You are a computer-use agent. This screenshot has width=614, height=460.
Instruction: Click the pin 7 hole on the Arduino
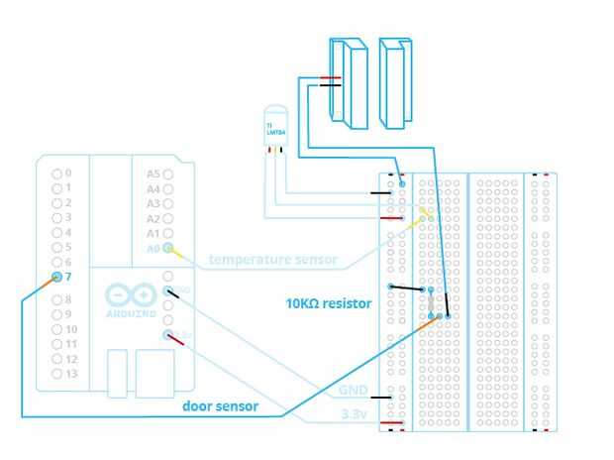(56, 277)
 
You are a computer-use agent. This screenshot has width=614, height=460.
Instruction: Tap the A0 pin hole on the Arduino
(168, 248)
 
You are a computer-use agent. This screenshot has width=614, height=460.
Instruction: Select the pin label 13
(71, 374)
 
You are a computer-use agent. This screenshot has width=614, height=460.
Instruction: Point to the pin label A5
(153, 173)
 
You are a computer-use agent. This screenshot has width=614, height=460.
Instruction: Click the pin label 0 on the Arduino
(68, 173)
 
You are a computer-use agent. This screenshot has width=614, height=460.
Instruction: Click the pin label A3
(153, 203)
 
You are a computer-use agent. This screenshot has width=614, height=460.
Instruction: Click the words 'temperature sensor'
(272, 261)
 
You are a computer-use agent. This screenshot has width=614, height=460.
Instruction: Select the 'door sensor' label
(221, 406)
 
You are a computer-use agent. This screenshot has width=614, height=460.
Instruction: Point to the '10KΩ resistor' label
(329, 303)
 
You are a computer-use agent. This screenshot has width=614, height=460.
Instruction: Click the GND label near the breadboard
(354, 390)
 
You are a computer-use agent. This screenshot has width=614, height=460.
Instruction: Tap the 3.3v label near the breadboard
(355, 413)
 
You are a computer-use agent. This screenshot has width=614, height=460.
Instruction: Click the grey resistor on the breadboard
(432, 303)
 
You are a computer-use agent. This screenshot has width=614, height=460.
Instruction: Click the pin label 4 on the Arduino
(68, 232)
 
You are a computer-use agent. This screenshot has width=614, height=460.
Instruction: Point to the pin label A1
(153, 233)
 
